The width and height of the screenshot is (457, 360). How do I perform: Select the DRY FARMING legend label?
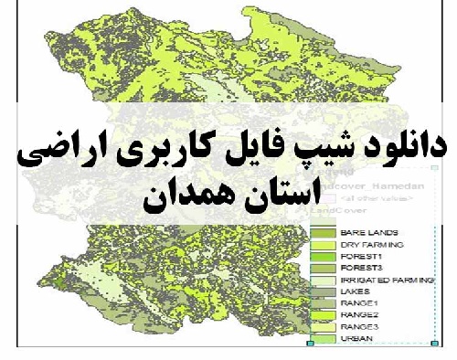(x=367, y=245)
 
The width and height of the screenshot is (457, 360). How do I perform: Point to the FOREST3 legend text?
(x=359, y=268)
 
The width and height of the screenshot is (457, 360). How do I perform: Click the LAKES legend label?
(x=354, y=291)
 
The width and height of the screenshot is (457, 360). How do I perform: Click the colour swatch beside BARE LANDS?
(x=324, y=233)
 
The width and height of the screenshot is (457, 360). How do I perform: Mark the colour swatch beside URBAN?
(x=324, y=339)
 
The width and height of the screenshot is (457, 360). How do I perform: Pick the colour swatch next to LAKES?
(x=324, y=291)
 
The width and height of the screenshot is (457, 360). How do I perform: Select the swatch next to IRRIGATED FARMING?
(x=324, y=280)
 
